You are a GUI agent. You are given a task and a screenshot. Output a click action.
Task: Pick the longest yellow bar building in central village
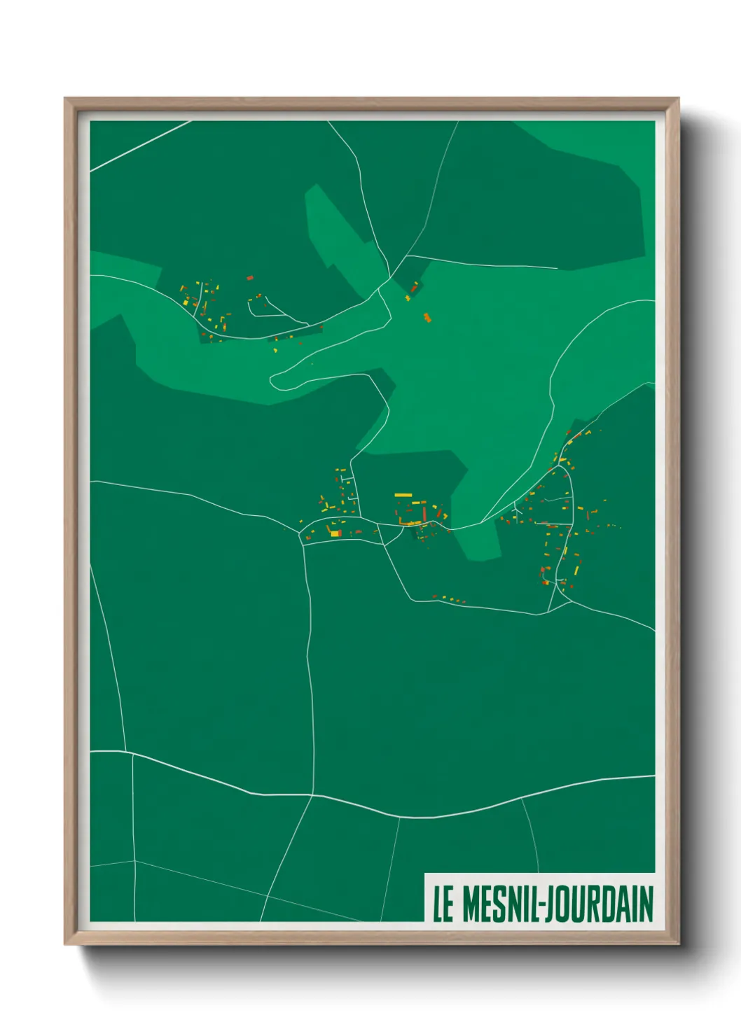[x=403, y=495]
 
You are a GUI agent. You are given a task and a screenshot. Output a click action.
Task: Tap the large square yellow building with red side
[x=335, y=533]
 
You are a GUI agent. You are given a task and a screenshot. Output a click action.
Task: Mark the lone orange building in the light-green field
[x=427, y=318]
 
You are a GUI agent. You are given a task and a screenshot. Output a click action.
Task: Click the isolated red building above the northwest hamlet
[x=249, y=278]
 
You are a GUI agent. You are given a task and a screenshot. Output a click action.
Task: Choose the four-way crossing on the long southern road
[x=312, y=795]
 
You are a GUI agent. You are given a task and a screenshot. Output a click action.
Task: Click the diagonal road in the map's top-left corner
[x=140, y=146]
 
